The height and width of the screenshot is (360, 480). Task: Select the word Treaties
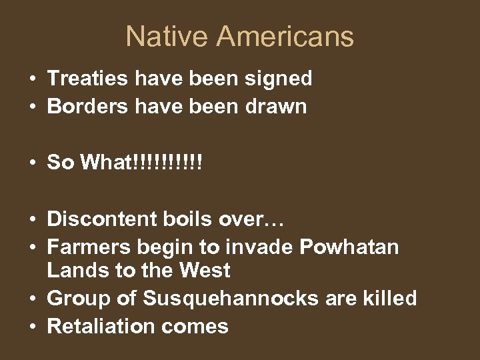point(87,79)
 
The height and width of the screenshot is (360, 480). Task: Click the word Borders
point(87,107)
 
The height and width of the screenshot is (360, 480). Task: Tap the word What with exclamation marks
point(140,162)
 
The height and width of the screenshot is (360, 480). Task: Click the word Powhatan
point(349,247)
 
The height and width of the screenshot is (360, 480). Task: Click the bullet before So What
point(33,163)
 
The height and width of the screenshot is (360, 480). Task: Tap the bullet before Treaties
point(33,79)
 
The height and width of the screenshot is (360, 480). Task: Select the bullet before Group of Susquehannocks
point(33,299)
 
